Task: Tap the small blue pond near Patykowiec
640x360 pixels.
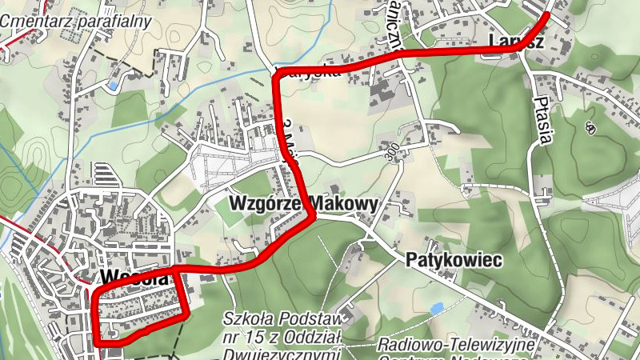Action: (436, 308)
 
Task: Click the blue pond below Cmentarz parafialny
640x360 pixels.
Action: (113, 83)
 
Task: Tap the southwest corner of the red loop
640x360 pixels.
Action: (96, 342)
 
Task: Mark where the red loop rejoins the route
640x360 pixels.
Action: (176, 269)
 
